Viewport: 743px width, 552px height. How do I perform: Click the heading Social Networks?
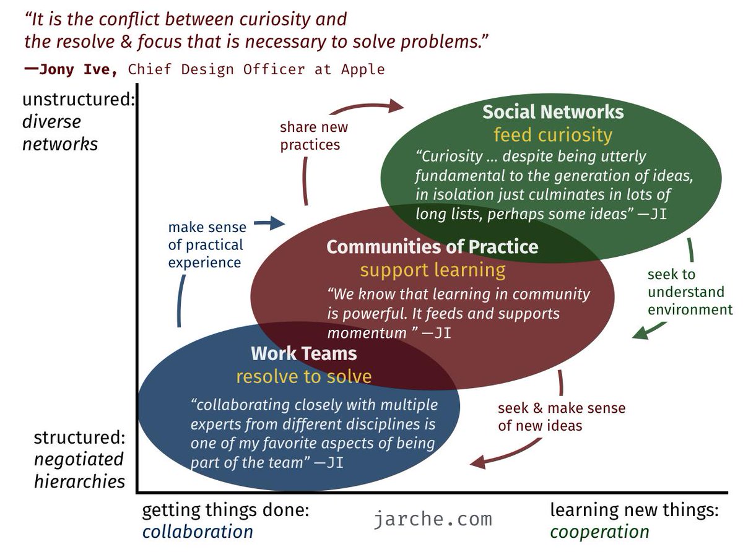[553, 112]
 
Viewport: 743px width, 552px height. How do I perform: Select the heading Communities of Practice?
[432, 247]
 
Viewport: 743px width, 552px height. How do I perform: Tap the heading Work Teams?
[304, 353]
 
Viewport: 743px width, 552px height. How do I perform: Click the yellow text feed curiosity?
[553, 134]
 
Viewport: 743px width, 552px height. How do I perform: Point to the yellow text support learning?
[433, 270]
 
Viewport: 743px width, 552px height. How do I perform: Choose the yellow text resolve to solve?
[304, 376]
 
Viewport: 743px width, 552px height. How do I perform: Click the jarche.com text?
[433, 519]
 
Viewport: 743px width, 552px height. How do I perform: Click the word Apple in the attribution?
[363, 69]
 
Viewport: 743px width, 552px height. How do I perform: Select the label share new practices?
[314, 136]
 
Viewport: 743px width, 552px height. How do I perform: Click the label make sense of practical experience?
[207, 245]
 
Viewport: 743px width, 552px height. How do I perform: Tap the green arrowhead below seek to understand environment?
[639, 335]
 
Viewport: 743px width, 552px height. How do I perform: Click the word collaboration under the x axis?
[198, 532]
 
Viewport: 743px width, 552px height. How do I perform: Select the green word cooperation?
[599, 532]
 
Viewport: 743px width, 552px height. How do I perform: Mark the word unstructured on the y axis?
[78, 100]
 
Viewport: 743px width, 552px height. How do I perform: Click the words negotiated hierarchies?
[79, 470]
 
